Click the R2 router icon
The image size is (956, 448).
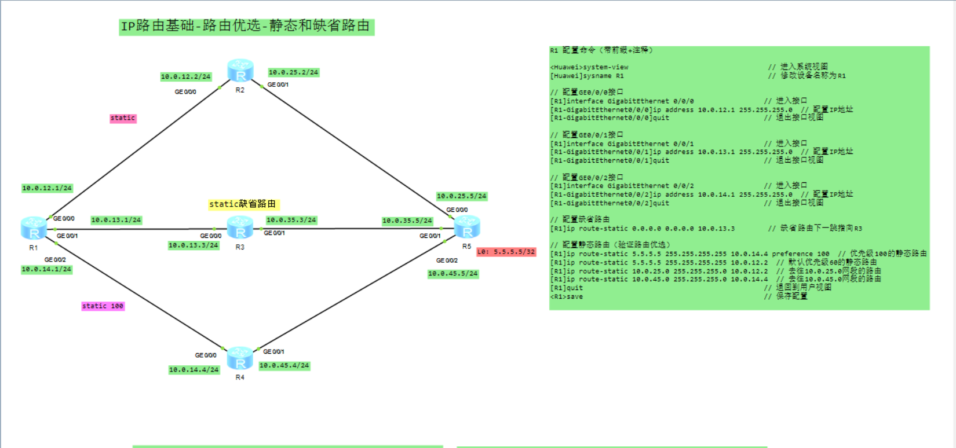(240, 70)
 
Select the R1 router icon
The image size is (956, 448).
(34, 228)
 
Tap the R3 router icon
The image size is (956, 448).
(240, 227)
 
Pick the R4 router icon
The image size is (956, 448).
(240, 358)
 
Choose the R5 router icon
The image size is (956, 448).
(467, 227)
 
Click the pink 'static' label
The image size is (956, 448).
(123, 118)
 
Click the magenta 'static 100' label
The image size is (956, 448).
(103, 306)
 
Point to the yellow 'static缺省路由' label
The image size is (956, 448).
(243, 204)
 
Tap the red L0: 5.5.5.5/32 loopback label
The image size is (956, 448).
(506, 252)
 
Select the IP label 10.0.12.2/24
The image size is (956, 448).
(185, 76)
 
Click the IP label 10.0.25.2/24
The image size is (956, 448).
(293, 72)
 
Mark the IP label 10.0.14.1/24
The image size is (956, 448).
(46, 269)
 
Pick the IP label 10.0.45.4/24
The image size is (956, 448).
(284, 366)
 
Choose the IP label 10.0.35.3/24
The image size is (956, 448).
(291, 220)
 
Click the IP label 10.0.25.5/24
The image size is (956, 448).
(461, 196)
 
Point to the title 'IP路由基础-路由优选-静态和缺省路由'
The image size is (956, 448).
(246, 26)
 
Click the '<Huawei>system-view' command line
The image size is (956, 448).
(589, 67)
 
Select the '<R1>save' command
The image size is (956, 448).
(567, 296)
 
